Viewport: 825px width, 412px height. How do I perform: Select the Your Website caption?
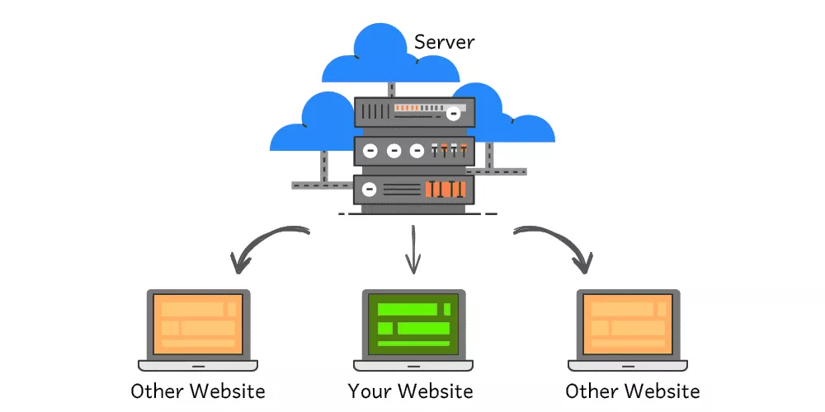tap(411, 391)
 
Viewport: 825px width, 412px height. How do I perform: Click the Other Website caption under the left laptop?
tap(197, 391)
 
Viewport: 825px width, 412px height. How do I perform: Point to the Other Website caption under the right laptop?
tap(632, 391)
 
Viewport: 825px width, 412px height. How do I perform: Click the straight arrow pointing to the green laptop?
tap(412, 251)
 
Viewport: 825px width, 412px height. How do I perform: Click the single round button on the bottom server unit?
tap(370, 190)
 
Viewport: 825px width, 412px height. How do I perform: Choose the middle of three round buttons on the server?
tap(394, 151)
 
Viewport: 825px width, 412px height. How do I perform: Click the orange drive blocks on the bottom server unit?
tap(445, 190)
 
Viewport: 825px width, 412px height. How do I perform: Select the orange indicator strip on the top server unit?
tap(419, 108)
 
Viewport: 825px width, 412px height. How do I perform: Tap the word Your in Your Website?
tap(365, 391)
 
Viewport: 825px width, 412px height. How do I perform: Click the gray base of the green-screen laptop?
tap(412, 365)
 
